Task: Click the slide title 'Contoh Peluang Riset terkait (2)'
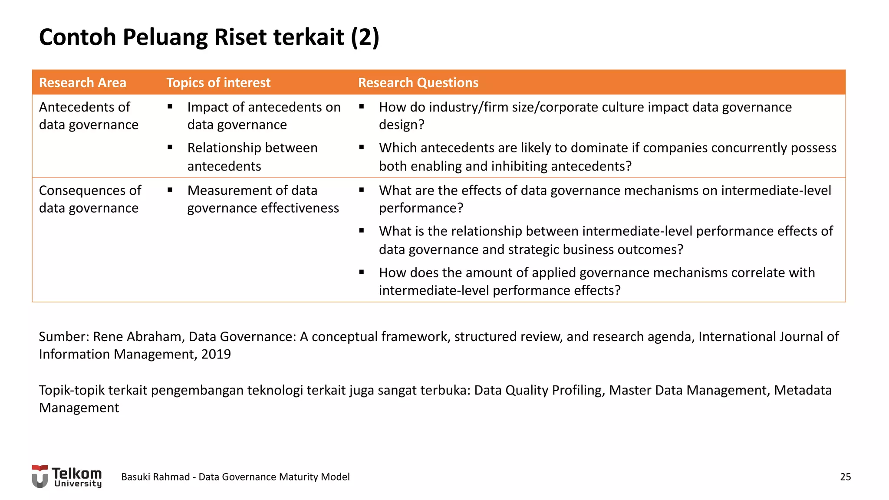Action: point(209,37)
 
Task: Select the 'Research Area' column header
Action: point(82,82)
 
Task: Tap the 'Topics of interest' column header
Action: point(218,82)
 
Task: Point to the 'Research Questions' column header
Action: point(418,82)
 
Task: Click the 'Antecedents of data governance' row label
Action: point(89,116)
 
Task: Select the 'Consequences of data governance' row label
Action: point(90,199)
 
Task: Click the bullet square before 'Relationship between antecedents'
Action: point(170,148)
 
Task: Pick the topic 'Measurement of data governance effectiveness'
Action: point(263,199)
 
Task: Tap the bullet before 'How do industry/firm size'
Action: point(362,107)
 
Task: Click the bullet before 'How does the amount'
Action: point(362,272)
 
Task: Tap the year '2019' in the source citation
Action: point(216,355)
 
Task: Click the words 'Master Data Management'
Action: point(689,390)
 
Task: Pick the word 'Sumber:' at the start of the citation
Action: point(64,337)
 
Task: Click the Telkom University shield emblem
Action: point(40,477)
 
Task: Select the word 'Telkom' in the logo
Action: point(77,473)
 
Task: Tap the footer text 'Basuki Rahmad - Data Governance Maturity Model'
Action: point(235,477)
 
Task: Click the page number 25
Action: point(845,477)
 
